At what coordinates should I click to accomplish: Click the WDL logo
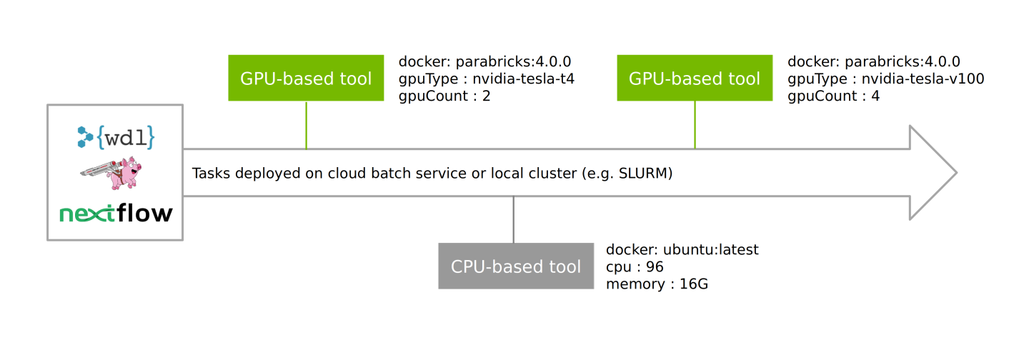(115, 136)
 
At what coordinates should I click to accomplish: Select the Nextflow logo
(115, 214)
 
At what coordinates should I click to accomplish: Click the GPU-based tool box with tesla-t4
(306, 78)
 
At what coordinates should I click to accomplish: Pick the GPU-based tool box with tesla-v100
(695, 78)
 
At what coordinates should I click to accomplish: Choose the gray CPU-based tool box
(515, 266)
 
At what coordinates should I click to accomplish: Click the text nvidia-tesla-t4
(524, 79)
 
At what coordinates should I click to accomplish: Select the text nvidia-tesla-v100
(923, 79)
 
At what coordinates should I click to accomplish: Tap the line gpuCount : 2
(444, 96)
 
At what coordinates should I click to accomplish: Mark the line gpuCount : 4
(833, 96)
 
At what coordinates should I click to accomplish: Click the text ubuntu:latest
(710, 250)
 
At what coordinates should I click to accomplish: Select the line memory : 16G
(657, 284)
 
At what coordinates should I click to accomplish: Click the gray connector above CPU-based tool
(514, 220)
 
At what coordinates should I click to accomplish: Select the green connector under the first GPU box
(306, 125)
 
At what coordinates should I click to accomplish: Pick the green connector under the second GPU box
(695, 125)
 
